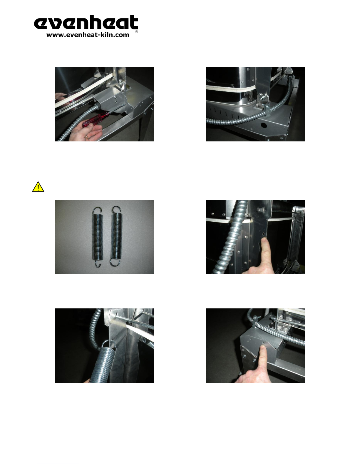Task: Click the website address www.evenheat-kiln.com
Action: point(88,35)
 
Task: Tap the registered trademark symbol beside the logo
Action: point(136,31)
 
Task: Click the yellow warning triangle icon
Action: point(38,187)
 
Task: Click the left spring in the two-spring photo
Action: point(97,237)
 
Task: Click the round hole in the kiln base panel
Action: point(263,125)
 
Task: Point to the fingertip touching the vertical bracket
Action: point(264,241)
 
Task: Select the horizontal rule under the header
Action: point(180,53)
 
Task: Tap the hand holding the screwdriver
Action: point(86,132)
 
